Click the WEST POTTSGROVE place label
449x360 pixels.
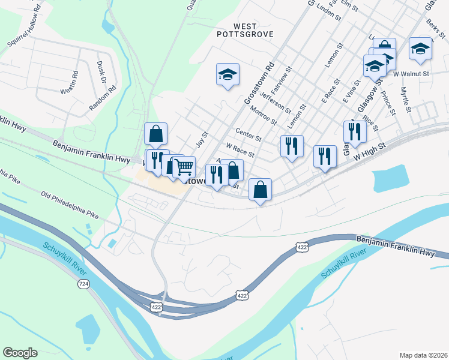[x=245, y=30]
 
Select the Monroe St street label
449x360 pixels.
[x=264, y=115]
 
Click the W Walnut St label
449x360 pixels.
[x=412, y=74]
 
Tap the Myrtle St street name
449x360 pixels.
[x=405, y=99]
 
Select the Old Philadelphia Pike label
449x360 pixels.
[x=69, y=205]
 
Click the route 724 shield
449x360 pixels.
[x=83, y=283]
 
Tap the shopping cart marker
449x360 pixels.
[x=184, y=166]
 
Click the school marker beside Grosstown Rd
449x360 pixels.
[x=228, y=75]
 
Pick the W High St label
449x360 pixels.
[x=368, y=151]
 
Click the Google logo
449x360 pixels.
[x=20, y=353]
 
